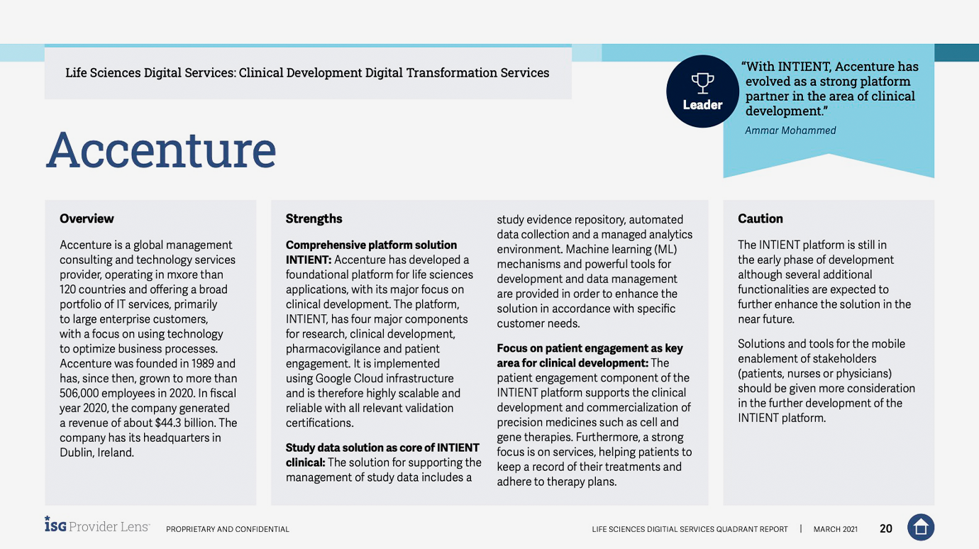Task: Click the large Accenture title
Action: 161,150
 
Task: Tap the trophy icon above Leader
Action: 702,83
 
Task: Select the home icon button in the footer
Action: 920,527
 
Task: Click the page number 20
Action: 886,528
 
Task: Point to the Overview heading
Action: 87,218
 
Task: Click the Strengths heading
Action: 314,218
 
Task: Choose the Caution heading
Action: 760,218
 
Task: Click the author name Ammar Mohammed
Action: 790,131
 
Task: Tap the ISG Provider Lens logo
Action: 97,526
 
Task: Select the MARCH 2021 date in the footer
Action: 835,529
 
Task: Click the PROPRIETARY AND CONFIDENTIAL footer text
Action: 227,529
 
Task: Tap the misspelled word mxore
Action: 188,274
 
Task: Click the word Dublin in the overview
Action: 76,453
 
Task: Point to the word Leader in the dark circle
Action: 702,105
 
